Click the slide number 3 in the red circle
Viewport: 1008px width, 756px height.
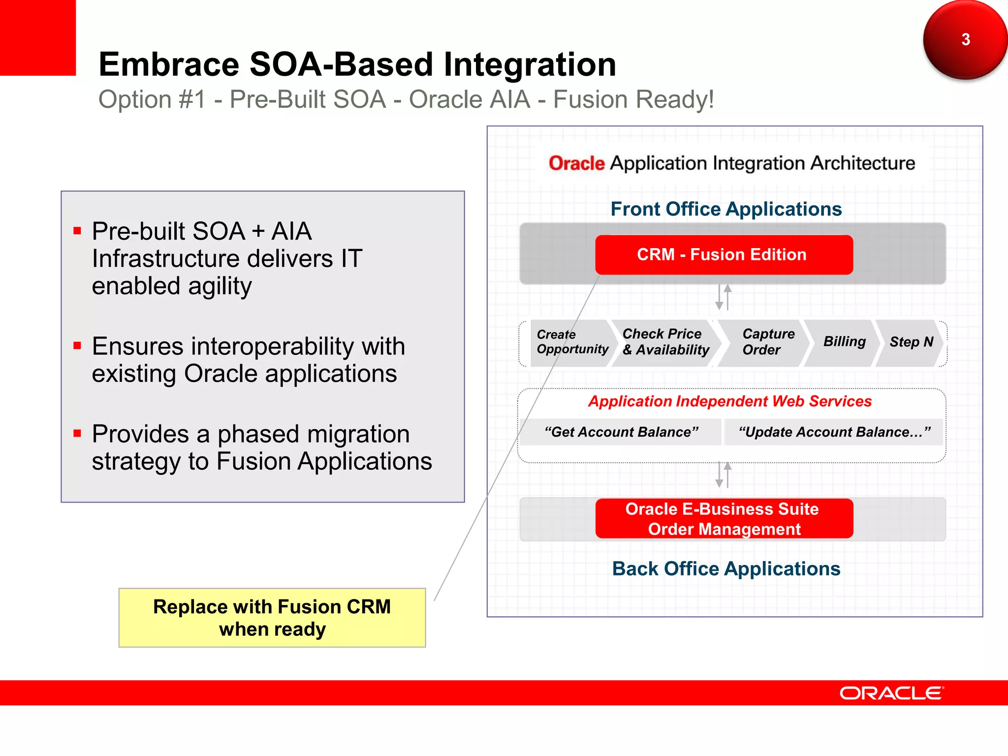965,39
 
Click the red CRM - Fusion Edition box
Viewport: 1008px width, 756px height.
724,254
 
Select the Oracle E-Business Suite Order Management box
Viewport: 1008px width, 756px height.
724,518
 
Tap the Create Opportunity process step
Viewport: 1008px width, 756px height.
571,342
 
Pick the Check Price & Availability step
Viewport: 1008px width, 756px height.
665,342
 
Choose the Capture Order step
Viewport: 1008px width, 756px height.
767,342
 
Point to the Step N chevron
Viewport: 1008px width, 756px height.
911,342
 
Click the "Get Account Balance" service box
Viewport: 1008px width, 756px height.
621,432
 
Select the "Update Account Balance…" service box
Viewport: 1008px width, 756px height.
834,432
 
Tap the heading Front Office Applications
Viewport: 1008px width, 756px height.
726,209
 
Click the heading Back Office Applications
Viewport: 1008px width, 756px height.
726,569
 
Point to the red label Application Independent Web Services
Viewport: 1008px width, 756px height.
730,402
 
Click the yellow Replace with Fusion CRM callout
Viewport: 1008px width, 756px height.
272,618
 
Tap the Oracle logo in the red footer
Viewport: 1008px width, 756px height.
891,693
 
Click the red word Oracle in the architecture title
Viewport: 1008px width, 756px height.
576,163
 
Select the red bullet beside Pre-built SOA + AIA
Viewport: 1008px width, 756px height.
77,231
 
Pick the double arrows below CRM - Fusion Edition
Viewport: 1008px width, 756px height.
724,297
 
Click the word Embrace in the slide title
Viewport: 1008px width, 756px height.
169,64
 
